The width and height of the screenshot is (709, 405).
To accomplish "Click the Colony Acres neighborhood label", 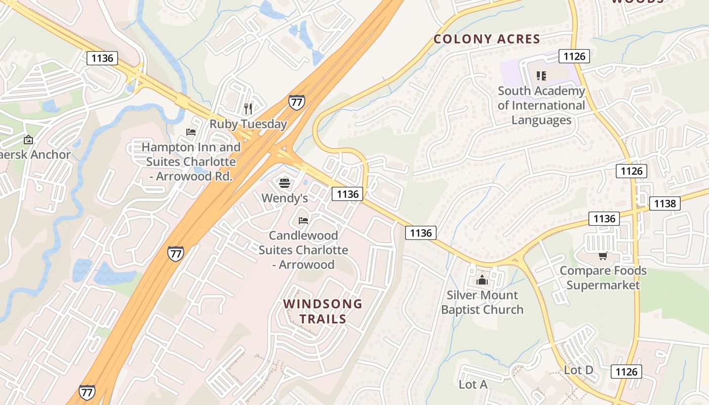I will click(x=487, y=39).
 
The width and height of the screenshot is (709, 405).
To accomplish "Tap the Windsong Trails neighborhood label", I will click(x=323, y=311).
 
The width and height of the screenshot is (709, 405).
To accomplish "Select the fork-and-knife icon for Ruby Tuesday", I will click(x=248, y=108).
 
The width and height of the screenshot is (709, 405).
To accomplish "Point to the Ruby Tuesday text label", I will click(x=248, y=124).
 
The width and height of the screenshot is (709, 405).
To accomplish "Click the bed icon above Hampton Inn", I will click(x=191, y=132).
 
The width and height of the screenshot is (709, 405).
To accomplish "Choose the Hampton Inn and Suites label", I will click(x=191, y=161).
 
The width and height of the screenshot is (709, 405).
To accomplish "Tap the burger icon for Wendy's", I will click(x=285, y=183).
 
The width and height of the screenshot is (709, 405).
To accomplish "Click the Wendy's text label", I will click(x=285, y=198).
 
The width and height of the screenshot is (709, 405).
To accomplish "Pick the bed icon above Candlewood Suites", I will click(x=303, y=220).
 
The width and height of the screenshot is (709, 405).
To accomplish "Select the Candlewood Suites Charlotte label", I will click(x=303, y=250).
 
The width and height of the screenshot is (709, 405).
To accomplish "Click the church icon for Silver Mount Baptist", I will click(x=482, y=280).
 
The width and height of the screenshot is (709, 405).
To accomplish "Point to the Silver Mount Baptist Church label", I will click(x=482, y=302).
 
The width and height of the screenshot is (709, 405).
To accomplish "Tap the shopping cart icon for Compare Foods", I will click(x=603, y=256).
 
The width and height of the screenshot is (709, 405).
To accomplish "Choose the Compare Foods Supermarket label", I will click(x=603, y=277).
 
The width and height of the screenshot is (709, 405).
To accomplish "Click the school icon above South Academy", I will click(x=541, y=76).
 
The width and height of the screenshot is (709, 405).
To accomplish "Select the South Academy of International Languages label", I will click(x=541, y=105).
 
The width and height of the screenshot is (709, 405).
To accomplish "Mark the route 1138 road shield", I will click(x=665, y=204).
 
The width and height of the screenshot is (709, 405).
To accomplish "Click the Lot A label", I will click(x=473, y=385).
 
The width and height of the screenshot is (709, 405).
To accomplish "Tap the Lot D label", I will click(x=578, y=370).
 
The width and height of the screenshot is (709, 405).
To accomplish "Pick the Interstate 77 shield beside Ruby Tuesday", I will click(x=296, y=102).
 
